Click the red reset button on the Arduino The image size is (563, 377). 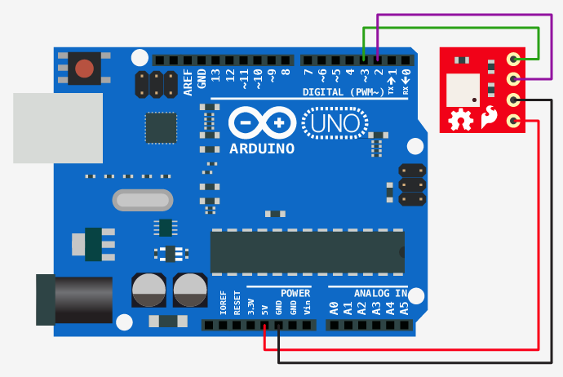pos(84,69)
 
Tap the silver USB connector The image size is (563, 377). pos(57,127)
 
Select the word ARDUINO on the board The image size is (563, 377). pos(263,149)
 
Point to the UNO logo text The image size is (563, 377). pos(335,124)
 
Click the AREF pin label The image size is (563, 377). pos(188,82)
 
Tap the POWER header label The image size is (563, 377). pos(295,293)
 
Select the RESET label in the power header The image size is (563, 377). pos(237,305)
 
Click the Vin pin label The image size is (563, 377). pos(308,308)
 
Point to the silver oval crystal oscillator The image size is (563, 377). pos(143,200)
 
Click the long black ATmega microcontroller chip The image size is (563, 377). pos(307,251)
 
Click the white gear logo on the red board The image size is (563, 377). pos(460,120)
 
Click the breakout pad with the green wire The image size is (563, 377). pos(513,59)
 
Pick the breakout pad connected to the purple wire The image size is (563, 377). pos(513,79)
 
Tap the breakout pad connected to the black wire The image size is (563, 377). pos(513,100)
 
